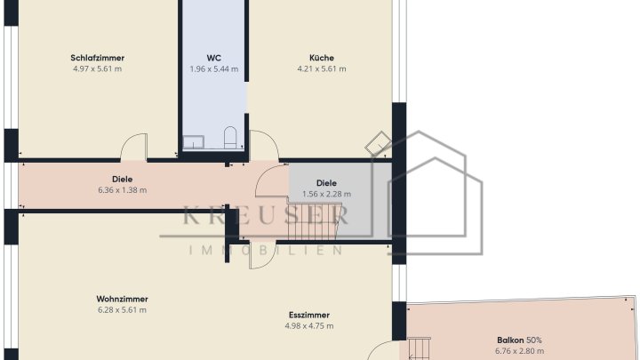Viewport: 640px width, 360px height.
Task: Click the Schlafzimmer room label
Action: tap(97, 58)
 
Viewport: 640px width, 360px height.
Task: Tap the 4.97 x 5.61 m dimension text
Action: tap(97, 68)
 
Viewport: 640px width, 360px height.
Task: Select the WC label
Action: tap(214, 58)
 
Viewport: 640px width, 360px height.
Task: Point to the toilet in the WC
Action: tap(230, 137)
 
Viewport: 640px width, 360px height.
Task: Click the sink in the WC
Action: tap(193, 142)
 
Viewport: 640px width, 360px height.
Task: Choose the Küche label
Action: tap(322, 58)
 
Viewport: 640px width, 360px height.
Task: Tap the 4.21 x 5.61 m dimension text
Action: tap(322, 68)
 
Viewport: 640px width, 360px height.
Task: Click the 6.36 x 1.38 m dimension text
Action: tap(123, 190)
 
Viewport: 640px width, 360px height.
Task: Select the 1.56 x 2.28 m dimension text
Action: tap(326, 194)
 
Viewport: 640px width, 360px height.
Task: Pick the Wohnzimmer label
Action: tap(122, 299)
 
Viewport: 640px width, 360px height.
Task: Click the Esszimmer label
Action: tap(309, 315)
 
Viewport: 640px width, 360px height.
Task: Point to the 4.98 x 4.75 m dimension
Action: tap(309, 325)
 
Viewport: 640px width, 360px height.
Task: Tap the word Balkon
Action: tap(510, 340)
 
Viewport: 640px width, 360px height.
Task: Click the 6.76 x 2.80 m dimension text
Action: tap(520, 350)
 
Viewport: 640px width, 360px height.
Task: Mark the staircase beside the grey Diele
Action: tap(312, 220)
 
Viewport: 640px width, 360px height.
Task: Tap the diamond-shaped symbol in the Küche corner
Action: tap(379, 144)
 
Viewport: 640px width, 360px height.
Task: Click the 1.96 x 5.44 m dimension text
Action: tap(214, 69)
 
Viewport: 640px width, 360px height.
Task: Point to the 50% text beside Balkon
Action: tap(534, 340)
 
